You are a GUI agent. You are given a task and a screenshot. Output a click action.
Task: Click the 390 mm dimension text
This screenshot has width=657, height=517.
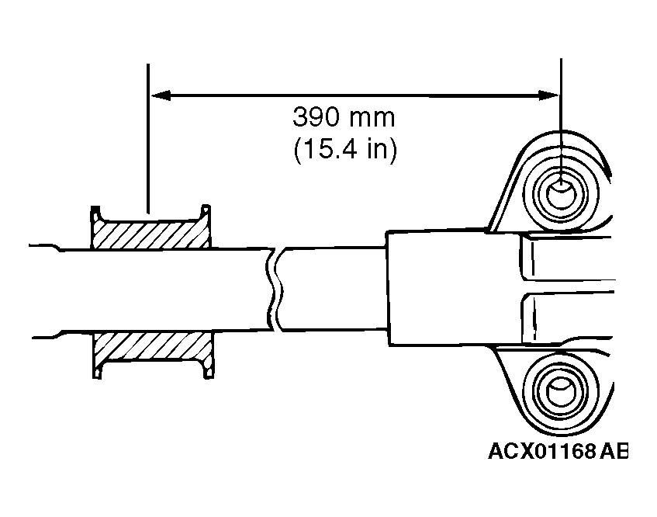point(343,118)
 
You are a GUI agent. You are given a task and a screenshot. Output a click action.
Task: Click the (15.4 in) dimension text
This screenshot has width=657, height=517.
point(345,149)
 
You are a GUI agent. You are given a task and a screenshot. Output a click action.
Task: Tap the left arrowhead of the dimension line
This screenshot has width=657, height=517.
point(158,95)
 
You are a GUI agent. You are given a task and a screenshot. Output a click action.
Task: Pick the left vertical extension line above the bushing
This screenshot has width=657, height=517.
point(147,140)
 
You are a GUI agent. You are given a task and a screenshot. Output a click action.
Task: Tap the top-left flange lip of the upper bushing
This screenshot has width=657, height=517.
point(95,211)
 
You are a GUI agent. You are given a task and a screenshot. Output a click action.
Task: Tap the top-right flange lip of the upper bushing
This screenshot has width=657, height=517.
point(207,211)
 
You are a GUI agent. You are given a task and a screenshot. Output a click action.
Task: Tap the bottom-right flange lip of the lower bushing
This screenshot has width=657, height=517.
point(207,374)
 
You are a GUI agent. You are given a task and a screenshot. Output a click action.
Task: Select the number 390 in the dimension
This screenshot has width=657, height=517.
point(315,118)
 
